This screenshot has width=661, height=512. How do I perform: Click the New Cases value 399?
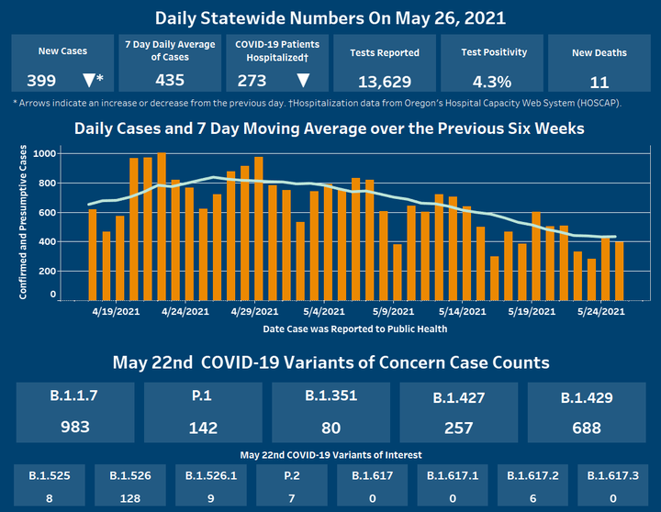click(42, 80)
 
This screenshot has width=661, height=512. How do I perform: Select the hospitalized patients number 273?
click(253, 80)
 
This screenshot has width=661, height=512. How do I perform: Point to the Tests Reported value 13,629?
click(385, 80)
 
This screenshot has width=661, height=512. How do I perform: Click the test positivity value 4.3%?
click(492, 80)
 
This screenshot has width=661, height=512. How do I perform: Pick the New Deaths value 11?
click(599, 81)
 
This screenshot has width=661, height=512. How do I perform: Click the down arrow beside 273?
click(302, 80)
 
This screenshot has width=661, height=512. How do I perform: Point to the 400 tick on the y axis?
click(46, 241)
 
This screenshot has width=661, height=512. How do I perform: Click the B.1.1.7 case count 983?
click(76, 427)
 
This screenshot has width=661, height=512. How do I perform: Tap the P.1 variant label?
click(204, 397)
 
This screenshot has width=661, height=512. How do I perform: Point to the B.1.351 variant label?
click(331, 396)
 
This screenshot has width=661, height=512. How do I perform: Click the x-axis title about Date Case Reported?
click(329, 328)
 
